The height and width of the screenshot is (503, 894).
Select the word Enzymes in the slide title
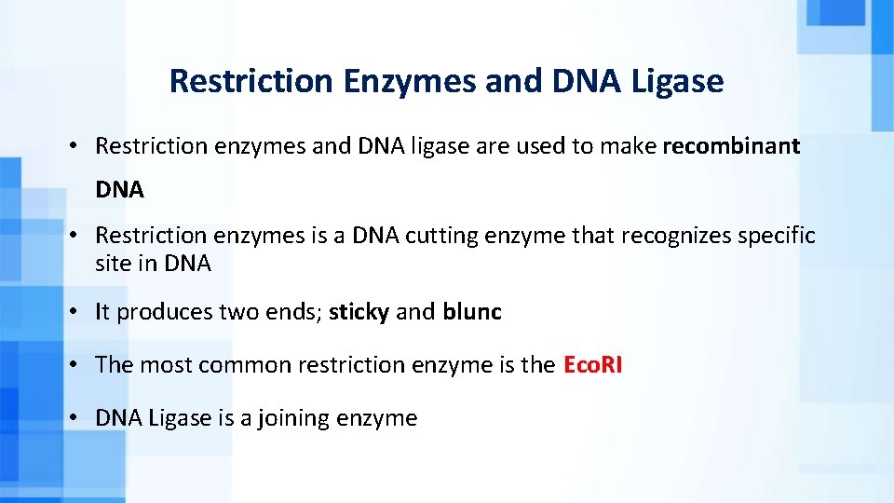410,82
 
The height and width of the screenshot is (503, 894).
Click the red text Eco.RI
592,365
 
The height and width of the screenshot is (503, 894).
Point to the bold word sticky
359,312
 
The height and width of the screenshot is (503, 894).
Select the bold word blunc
472,312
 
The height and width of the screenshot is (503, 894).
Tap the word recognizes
676,237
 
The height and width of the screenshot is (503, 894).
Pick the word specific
777,237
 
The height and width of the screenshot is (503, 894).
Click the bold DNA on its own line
119,190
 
